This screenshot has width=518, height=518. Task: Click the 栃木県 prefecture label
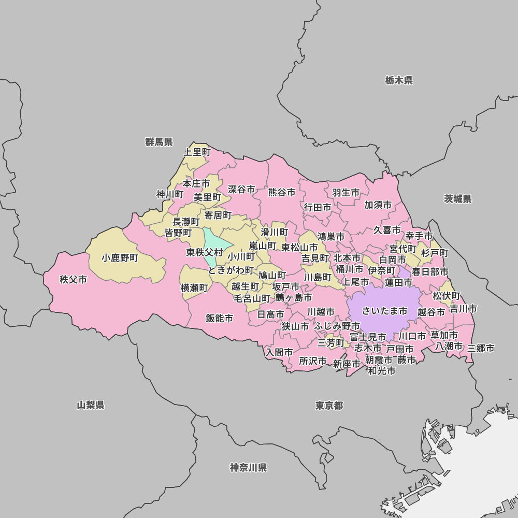[399, 80]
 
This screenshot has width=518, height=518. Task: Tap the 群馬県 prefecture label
[159, 142]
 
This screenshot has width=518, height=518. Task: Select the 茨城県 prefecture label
[458, 199]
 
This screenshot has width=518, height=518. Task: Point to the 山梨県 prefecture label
[91, 405]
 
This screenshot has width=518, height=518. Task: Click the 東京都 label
[329, 405]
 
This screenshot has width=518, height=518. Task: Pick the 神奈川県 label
[248, 468]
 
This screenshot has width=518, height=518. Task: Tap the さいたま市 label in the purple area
[384, 311]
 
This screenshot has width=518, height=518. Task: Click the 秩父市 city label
[73, 280]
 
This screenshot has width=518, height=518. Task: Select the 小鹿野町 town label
[120, 257]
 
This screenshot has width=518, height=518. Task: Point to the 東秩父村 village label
[205, 253]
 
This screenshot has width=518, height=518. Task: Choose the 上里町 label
[197, 152]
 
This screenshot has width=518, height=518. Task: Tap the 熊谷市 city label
[282, 192]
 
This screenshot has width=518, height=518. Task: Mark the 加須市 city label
[378, 205]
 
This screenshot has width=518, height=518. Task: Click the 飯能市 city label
[219, 318]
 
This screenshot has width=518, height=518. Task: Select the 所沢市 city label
[313, 361]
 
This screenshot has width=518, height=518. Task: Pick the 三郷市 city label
[481, 348]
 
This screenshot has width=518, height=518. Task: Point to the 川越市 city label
[321, 312]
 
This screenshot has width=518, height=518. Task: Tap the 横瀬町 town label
[194, 288]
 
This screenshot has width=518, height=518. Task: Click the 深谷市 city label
[241, 190]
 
